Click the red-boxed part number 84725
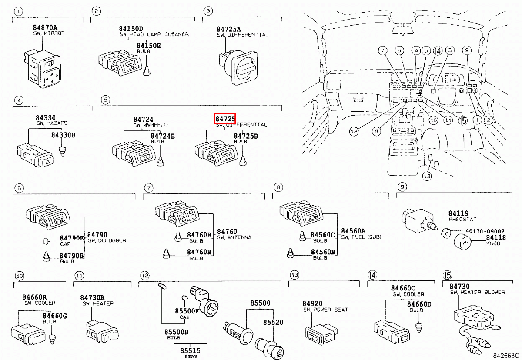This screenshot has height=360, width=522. click(225, 118)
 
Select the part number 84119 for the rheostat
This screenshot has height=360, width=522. click(458, 214)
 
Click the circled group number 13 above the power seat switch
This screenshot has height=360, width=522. click(295, 275)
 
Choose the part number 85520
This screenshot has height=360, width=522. click(273, 323)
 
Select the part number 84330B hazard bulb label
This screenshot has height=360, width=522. click(64, 135)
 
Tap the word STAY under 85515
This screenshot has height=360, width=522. click(191, 355)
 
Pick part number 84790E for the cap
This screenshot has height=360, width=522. click(72, 238)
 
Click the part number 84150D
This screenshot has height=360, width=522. click(131, 29)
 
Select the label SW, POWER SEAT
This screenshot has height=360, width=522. click(325, 310)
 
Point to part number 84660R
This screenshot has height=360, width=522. click(35, 297)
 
